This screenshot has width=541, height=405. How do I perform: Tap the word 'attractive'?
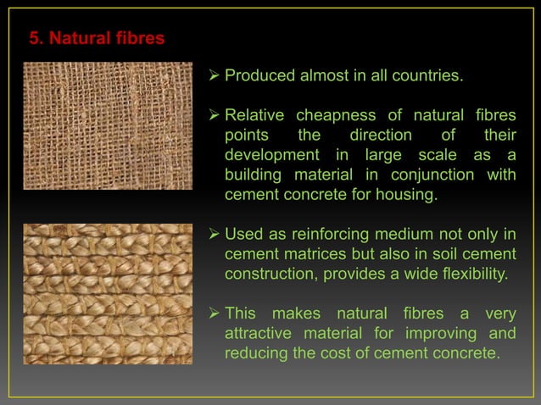259,334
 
